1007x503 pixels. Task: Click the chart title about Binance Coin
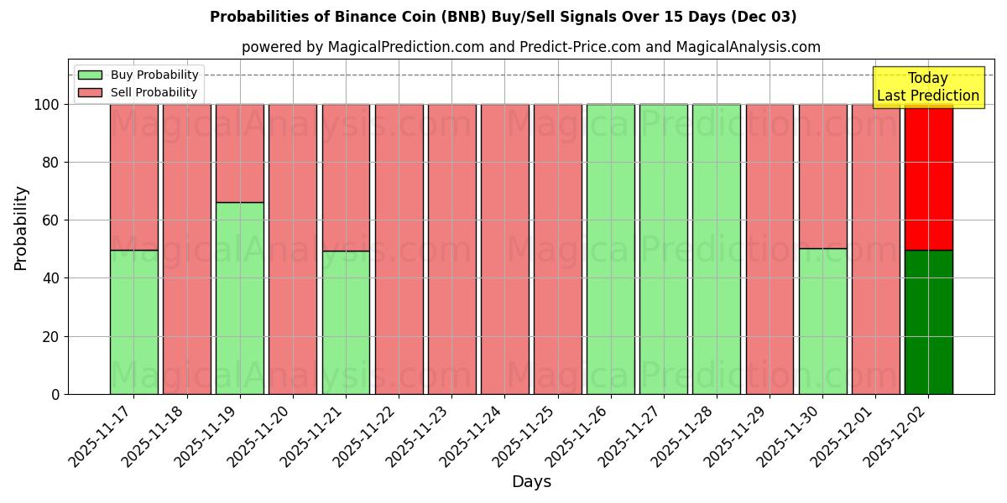(503, 17)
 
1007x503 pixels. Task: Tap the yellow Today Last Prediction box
(927, 87)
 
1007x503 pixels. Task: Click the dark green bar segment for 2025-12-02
(928, 322)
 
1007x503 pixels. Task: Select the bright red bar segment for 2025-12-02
(928, 177)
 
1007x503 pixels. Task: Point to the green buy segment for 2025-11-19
(240, 298)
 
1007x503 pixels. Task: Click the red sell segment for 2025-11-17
(134, 177)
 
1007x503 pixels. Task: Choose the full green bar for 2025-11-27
(664, 249)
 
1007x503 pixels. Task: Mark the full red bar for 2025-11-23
(452, 249)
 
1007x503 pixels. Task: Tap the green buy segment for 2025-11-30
(822, 321)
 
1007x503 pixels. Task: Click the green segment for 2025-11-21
(346, 322)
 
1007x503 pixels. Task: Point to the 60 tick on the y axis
(54, 220)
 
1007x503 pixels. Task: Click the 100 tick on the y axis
(50, 105)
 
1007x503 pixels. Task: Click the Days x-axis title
(531, 482)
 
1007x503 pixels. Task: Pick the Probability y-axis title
(21, 227)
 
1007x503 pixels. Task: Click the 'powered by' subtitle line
(530, 47)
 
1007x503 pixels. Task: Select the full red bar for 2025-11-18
(187, 249)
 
